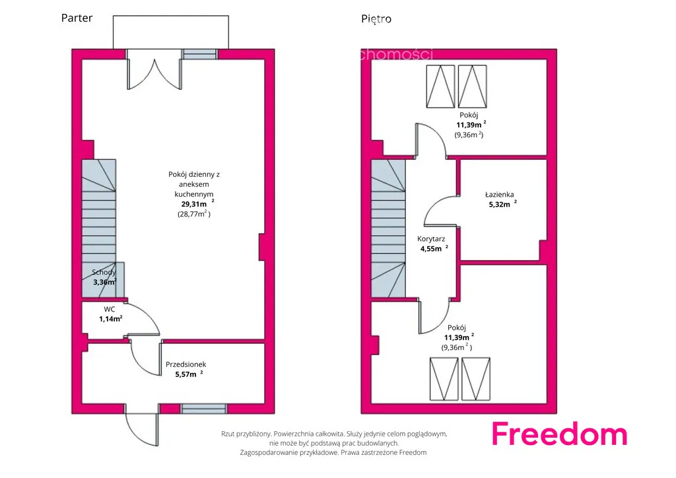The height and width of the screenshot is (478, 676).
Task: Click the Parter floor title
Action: (77, 18)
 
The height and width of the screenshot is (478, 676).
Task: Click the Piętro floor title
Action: (376, 19)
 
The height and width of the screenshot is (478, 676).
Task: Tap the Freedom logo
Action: (559, 434)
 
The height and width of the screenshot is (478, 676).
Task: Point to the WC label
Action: (110, 309)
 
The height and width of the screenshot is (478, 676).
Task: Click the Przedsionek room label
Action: (186, 364)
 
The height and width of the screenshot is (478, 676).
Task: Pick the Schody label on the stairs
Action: (104, 273)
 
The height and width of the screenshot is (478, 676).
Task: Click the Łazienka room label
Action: (499, 194)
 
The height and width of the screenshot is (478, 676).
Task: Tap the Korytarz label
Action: (431, 239)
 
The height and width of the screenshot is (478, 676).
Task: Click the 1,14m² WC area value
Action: (110, 319)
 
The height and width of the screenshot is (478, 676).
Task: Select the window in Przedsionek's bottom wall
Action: (203, 409)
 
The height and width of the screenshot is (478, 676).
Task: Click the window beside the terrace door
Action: (199, 54)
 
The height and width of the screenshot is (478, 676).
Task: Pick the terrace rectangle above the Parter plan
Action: (171, 32)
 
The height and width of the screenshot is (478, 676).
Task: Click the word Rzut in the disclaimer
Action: (228, 434)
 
